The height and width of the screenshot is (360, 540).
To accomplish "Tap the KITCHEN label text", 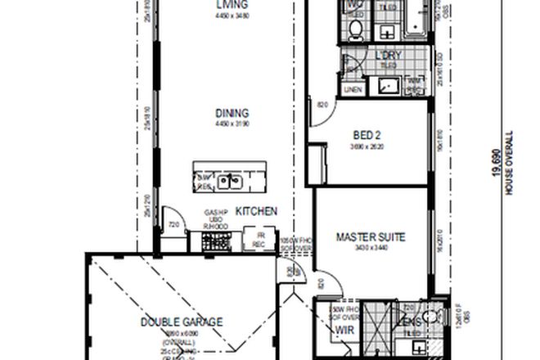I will (x=256, y=211).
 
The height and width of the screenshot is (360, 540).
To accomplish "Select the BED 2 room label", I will (x=366, y=135).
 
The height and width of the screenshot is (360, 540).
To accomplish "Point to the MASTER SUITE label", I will (x=371, y=238).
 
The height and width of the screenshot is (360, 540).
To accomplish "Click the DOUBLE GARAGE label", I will (x=181, y=322).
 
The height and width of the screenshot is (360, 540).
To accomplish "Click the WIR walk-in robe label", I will (x=342, y=332).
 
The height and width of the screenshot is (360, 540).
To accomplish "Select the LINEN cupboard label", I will (x=353, y=88).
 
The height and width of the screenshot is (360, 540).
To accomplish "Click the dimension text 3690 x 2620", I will (x=366, y=146).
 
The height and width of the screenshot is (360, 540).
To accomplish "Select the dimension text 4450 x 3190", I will (x=233, y=124).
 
